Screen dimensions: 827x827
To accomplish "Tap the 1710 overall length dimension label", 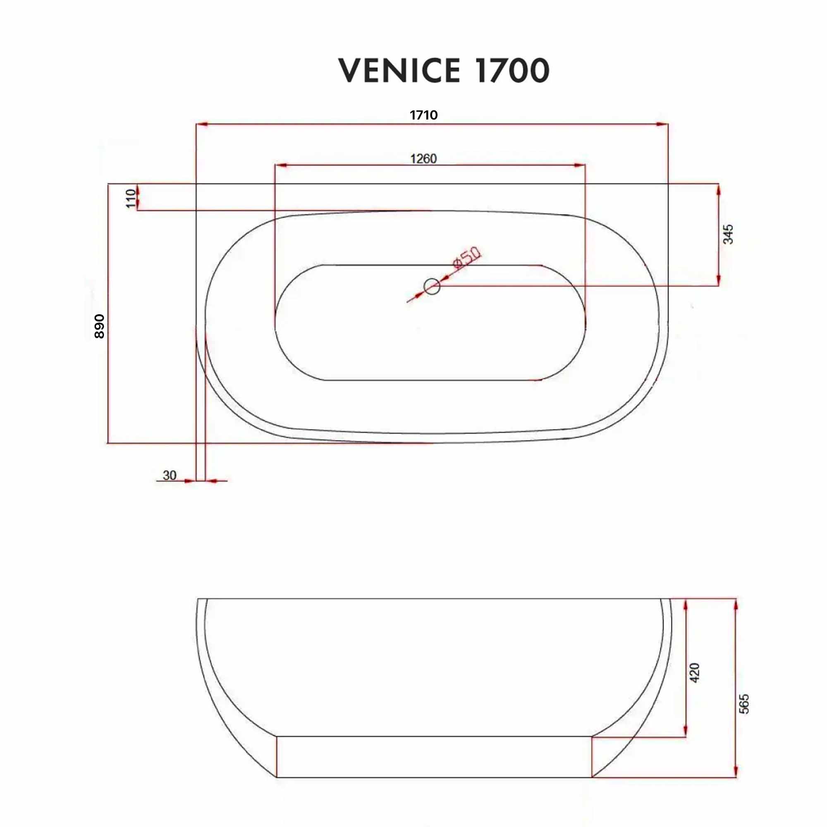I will tap(423, 115).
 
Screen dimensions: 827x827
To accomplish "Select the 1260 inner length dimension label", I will tap(423, 159).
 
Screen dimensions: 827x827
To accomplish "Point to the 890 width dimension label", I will tap(99, 326).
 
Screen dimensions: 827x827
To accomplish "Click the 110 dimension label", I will tap(131, 198).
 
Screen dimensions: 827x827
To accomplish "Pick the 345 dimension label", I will tap(728, 234).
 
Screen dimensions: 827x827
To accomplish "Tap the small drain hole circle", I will tap(431, 286).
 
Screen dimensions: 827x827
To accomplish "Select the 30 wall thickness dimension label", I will tap(170, 475).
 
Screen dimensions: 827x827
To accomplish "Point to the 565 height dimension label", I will tap(744, 704).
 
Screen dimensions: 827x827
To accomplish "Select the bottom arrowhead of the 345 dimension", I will tap(718, 280).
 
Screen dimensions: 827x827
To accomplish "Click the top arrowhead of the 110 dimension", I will tap(137, 189).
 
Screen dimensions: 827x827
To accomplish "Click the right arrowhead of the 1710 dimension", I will tap(662, 124).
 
